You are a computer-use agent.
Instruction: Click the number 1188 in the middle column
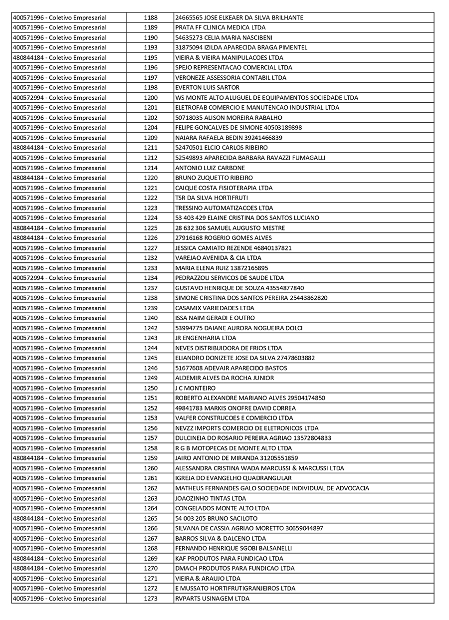pos(150,17)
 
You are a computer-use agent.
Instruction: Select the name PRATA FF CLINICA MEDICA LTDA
pos(220,27)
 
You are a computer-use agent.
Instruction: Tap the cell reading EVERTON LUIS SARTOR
pos(207,88)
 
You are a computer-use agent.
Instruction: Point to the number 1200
pos(150,98)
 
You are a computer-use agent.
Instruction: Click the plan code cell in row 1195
pos(59,58)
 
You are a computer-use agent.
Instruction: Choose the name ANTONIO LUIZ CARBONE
pos(210,168)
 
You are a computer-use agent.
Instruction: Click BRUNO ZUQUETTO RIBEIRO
pos(214,178)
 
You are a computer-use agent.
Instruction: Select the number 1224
pos(150,218)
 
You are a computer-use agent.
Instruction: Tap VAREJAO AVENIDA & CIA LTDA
pos(218,258)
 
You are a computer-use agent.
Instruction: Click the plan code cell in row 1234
pos(59,278)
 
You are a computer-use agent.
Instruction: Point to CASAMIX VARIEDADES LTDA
pos(215,308)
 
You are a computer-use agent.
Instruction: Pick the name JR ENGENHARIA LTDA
pos(206,338)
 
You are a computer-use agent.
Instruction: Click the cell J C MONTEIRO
pos(195,388)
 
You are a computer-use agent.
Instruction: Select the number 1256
pos(150,428)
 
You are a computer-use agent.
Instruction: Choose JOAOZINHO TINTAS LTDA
pos(210,498)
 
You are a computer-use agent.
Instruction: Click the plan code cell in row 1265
pos(59,518)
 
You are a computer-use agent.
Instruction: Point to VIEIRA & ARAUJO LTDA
pos(208,579)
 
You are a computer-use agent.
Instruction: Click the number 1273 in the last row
pos(150,599)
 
